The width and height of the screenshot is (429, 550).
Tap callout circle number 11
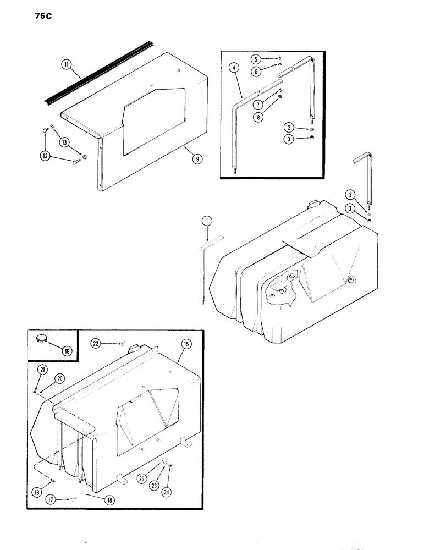(67, 66)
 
